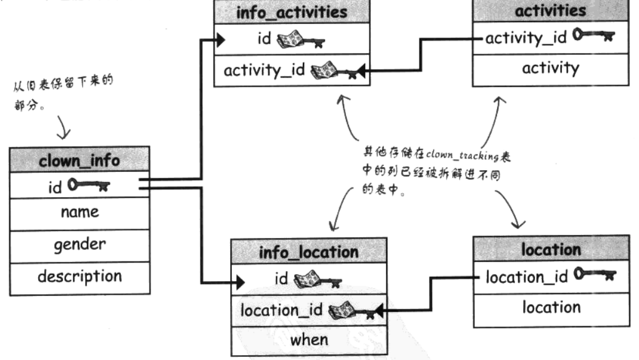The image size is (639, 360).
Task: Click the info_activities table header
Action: pos(292,11)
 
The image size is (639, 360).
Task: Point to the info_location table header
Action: pos(309,252)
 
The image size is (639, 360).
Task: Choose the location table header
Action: pos(551,250)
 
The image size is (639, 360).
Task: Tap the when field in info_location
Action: pos(309,339)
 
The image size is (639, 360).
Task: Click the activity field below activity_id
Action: pos(551,68)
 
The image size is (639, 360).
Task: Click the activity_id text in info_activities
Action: pos(263,70)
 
